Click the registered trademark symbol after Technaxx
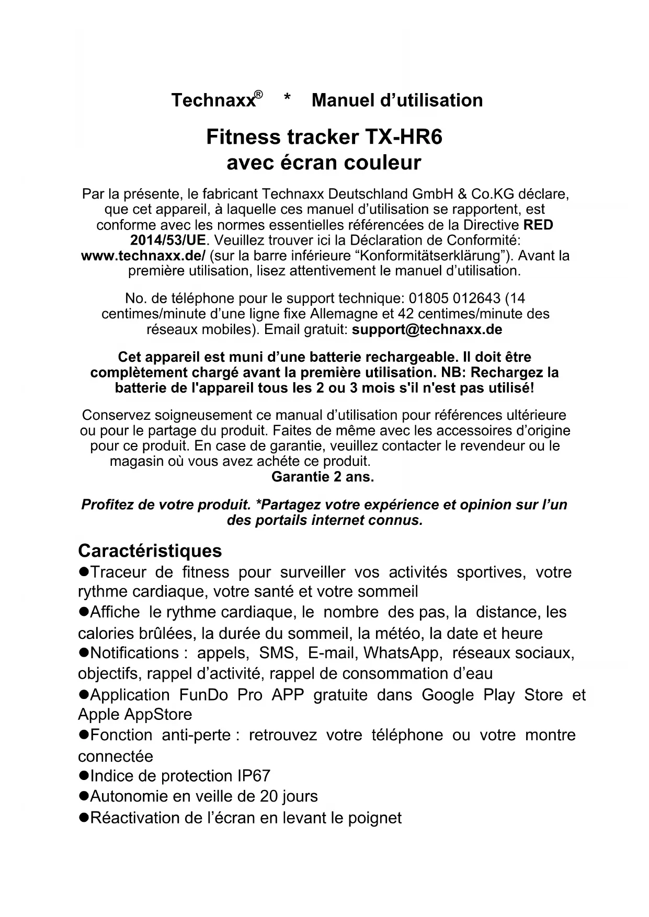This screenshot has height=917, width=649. pos(258,95)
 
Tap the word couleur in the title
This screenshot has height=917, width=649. pos(382,163)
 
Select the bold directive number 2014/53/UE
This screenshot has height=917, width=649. pos(168,240)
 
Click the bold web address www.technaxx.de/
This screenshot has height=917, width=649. pos(143,256)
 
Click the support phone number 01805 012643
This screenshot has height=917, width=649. pos(454,299)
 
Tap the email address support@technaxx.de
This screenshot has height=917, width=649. pos(427,330)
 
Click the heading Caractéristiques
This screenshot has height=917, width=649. pos(150,551)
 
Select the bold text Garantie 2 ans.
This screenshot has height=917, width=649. pos(323,477)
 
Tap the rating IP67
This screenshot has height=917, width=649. pos(253,776)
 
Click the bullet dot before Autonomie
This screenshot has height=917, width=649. pos(83,796)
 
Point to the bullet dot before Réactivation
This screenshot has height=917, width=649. pos(83,818)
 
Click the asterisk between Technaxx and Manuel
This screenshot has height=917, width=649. pos(287,100)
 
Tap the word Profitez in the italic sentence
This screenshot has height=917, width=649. pos(107,505)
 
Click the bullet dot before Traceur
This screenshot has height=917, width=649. pos(83,572)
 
